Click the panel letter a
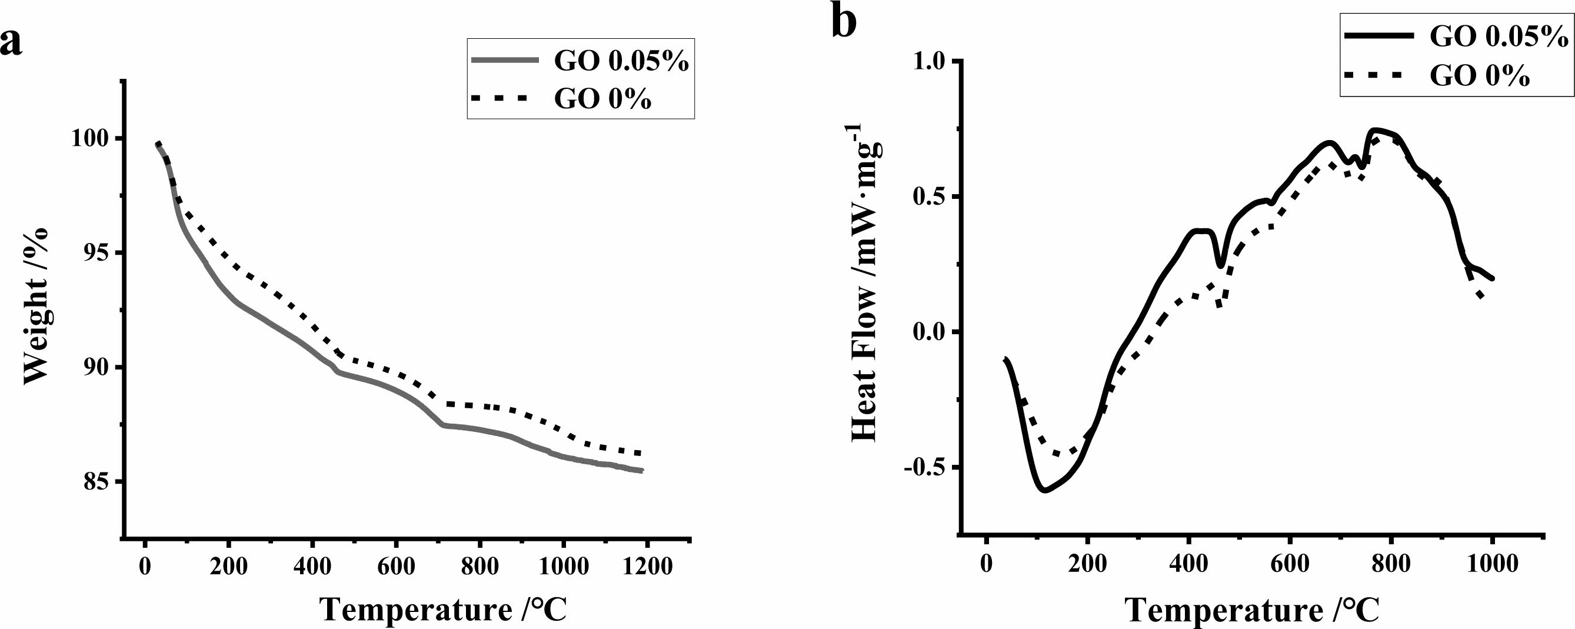[x=11, y=43]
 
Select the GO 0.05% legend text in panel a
[x=621, y=61]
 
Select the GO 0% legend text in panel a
[x=602, y=99]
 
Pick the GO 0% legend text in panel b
[x=1479, y=76]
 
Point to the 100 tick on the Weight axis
[x=92, y=139]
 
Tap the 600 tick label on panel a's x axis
[x=395, y=566]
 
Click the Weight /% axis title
[x=36, y=305]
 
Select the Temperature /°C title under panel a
[x=443, y=610]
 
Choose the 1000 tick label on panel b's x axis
[x=1492, y=563]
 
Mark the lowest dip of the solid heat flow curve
[x=1044, y=490]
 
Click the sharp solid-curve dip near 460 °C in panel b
[x=1220, y=267]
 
